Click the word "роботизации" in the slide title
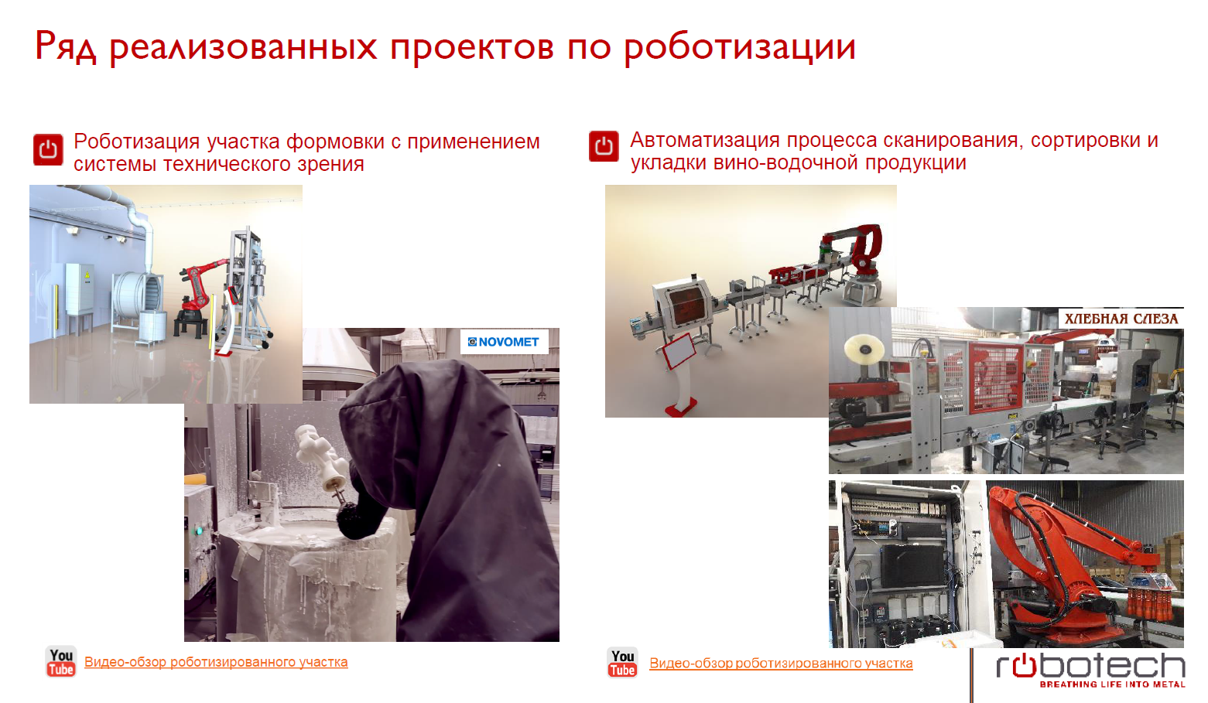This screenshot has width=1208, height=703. [740, 47]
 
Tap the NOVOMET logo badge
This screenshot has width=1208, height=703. [504, 342]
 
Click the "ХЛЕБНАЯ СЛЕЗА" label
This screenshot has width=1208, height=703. [1121, 319]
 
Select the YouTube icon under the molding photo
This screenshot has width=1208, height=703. [61, 661]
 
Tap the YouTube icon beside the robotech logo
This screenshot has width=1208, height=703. [622, 663]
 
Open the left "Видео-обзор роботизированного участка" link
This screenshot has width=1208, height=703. [216, 662]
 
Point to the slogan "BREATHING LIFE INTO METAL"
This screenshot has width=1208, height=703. [1112, 684]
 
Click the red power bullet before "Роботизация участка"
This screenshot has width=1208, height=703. [48, 149]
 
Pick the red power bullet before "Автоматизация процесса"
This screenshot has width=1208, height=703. [604, 145]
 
